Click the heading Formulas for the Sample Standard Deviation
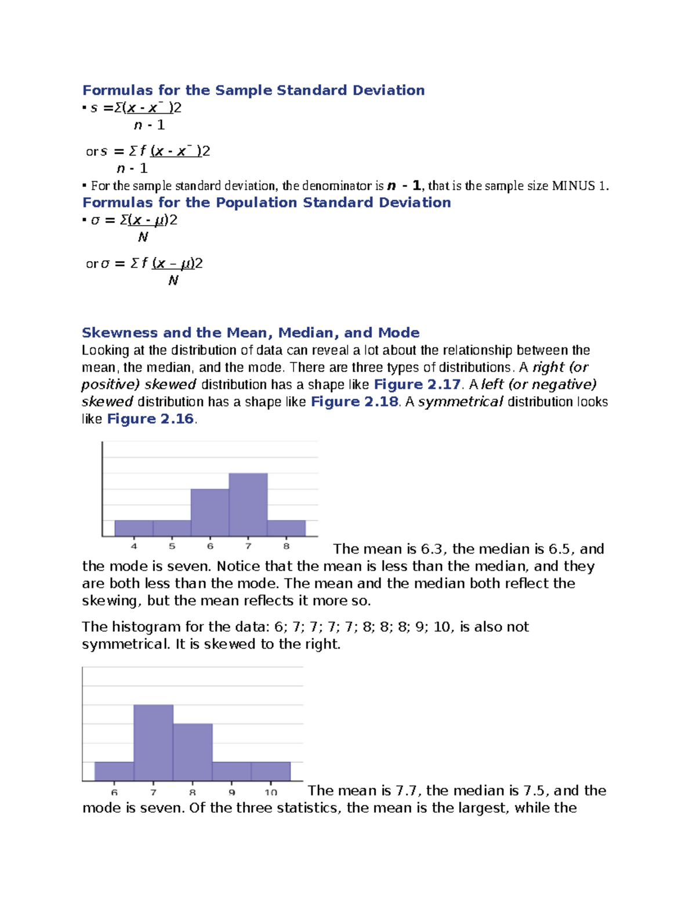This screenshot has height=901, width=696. (x=253, y=90)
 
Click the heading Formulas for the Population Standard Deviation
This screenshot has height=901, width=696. (x=266, y=202)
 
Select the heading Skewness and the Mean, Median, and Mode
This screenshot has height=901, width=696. (x=251, y=332)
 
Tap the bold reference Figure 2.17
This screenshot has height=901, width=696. (x=417, y=385)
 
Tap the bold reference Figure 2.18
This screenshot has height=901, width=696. (x=354, y=402)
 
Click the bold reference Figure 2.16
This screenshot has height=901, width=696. (x=150, y=419)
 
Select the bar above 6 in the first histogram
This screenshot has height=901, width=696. (x=210, y=513)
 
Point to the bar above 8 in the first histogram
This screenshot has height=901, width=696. (x=286, y=528)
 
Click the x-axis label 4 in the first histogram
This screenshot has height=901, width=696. (x=134, y=546)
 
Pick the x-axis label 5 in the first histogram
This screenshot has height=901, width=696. (x=172, y=546)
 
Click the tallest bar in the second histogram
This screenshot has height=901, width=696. (x=154, y=743)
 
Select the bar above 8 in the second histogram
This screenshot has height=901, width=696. (x=193, y=752)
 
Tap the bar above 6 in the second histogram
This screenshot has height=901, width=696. (x=114, y=771)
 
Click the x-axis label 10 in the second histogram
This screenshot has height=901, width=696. (x=271, y=792)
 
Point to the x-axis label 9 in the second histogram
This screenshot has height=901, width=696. (x=232, y=792)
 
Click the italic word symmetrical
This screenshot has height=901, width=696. (x=461, y=402)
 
